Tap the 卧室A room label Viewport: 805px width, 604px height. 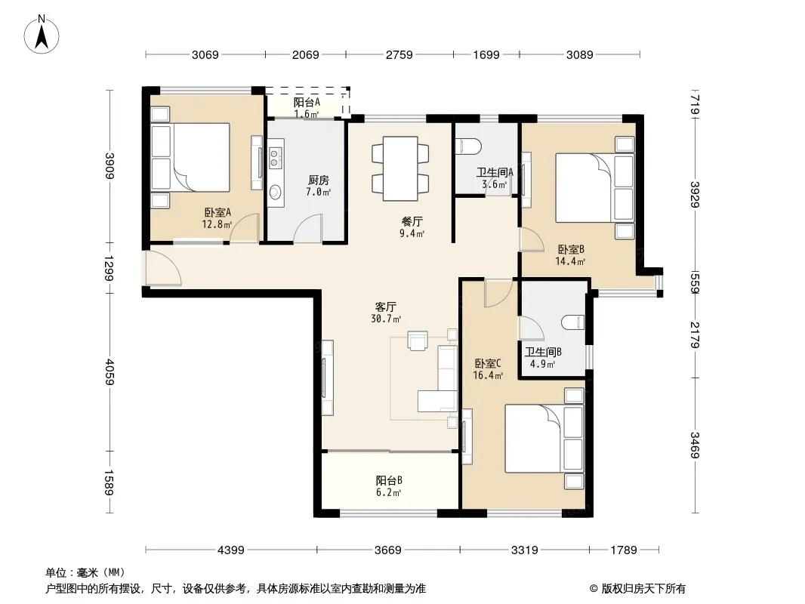pos(217,212)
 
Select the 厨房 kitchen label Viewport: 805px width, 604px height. pos(319,180)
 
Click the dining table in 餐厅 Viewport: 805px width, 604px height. pos(400,168)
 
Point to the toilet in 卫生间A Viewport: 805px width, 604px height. pos(469,146)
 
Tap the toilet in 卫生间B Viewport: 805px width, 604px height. pos(573,322)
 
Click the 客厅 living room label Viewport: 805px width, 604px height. pos(386,307)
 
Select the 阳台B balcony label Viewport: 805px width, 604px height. pos(389,480)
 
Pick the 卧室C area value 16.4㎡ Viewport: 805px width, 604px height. pos(488,375)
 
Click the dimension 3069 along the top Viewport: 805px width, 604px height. pos(205,55)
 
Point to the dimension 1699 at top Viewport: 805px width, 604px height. pos(486,55)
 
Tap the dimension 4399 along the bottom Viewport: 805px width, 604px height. pos(231,550)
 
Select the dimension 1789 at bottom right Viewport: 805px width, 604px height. pos(624,550)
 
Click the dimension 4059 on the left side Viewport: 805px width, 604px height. pos(109,371)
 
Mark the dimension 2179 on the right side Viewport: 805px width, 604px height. pos(695,334)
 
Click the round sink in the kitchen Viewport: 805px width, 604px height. pos(275,193)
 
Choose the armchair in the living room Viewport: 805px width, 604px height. pos(418,341)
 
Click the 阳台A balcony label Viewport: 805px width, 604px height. pos(307,102)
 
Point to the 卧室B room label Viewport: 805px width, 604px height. pos(571,249)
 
